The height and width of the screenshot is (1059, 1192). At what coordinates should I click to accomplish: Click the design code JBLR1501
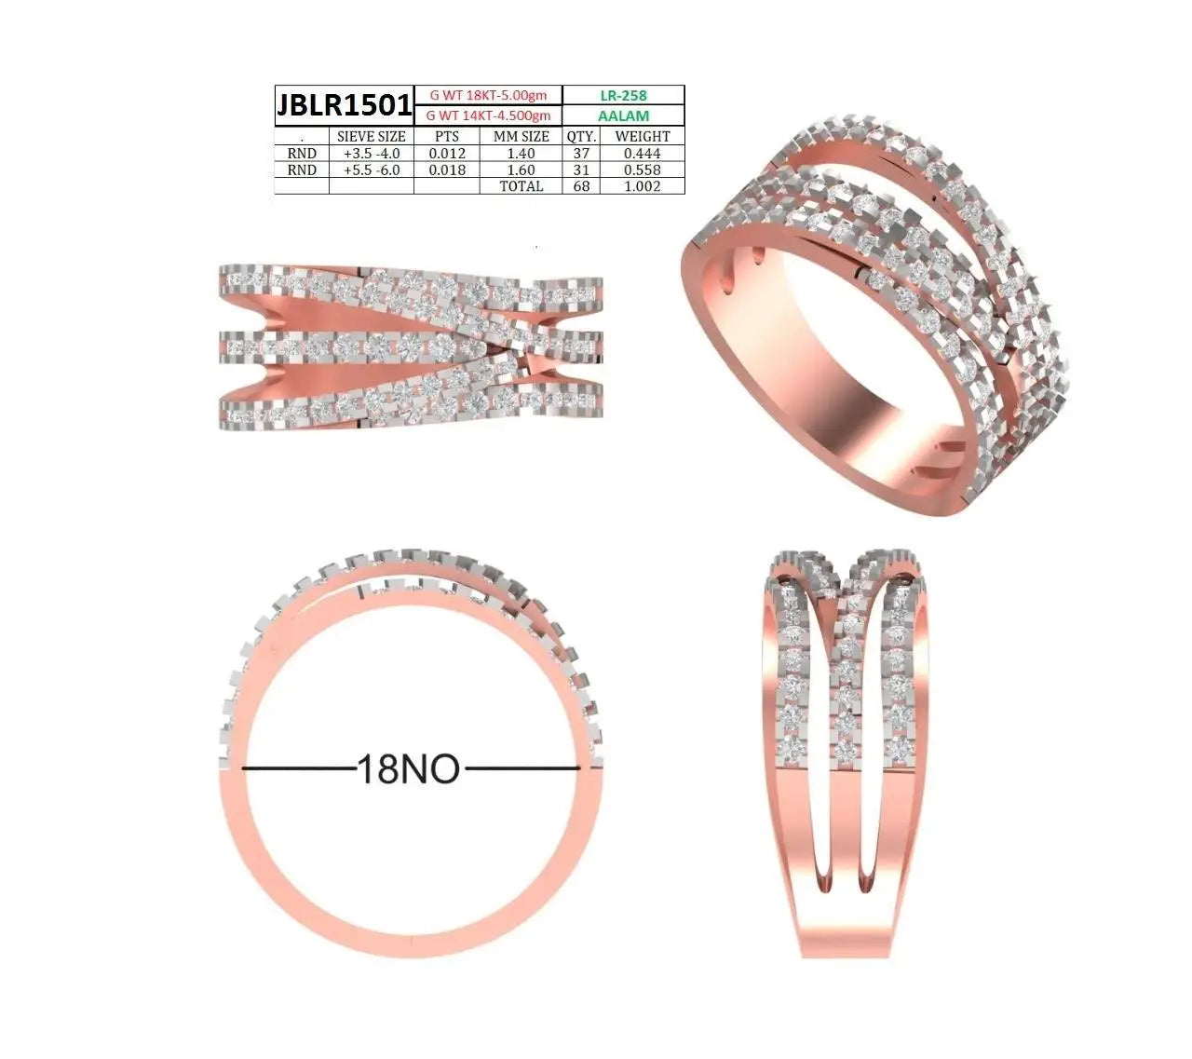coord(344,105)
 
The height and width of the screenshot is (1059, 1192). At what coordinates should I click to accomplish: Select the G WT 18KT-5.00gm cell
coord(488,95)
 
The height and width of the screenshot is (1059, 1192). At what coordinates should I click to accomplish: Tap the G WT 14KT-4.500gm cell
coord(488,115)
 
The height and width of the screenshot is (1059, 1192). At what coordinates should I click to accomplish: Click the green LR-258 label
coord(623,95)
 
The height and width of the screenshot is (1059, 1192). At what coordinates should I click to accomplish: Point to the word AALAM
coord(623,115)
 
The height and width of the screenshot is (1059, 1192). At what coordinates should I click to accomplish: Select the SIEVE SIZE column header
coord(372,137)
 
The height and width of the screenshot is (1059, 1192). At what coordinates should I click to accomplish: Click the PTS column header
coord(447,137)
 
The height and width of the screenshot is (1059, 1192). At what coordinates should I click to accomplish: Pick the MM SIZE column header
coord(521,137)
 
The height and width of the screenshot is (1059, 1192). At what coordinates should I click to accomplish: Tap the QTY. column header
coord(581,137)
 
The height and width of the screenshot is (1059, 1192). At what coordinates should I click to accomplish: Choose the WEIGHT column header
coord(643,137)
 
